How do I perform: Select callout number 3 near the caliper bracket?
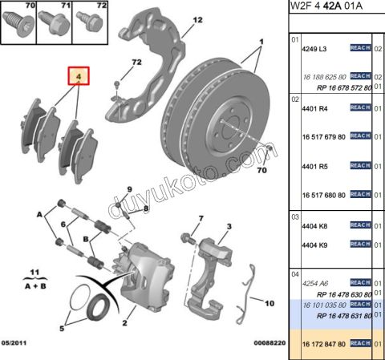click(228, 227)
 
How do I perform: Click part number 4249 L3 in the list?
click(314, 50)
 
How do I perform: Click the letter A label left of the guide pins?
click(38, 215)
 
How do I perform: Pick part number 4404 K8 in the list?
click(314, 226)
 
